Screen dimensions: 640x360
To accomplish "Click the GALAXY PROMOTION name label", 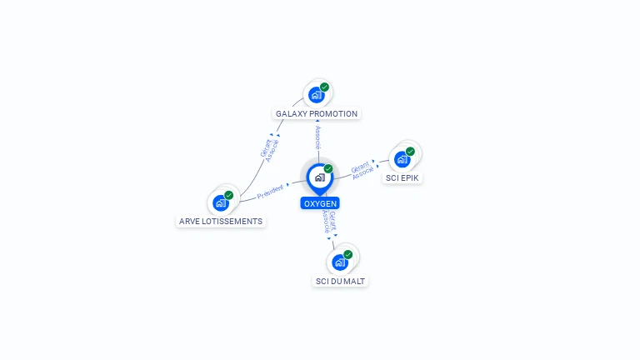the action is [x=317, y=114].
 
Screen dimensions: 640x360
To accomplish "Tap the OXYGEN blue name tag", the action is [x=320, y=203].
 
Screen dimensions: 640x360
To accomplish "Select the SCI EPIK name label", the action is [x=402, y=178].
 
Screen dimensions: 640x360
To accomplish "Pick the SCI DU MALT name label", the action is [x=340, y=281].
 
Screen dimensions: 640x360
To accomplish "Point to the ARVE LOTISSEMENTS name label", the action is [x=220, y=221].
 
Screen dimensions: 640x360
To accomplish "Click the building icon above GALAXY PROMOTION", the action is [x=317, y=95].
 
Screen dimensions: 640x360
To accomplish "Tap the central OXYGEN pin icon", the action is [x=320, y=178].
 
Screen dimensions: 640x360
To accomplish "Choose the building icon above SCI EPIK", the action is [x=402, y=160].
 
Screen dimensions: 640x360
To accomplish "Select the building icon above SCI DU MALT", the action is [x=340, y=262].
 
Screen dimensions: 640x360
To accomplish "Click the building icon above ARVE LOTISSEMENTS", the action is [x=221, y=202].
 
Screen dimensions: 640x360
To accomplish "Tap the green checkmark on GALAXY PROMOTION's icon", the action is [x=324, y=87].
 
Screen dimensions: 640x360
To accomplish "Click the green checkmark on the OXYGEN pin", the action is [x=328, y=168].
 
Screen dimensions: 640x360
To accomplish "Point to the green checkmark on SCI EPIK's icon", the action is [x=410, y=152].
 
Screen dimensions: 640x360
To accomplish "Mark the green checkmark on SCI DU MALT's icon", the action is [x=347, y=254].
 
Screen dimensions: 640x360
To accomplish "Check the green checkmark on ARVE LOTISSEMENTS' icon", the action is [x=228, y=195].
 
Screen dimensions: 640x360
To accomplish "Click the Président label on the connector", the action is [x=270, y=192].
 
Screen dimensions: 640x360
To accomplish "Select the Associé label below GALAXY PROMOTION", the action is [x=318, y=137].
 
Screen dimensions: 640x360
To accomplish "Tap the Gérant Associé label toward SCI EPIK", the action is [x=362, y=170].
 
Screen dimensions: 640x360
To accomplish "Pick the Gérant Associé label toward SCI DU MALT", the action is [x=329, y=222].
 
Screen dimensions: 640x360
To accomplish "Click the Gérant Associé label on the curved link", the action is [x=269, y=151].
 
